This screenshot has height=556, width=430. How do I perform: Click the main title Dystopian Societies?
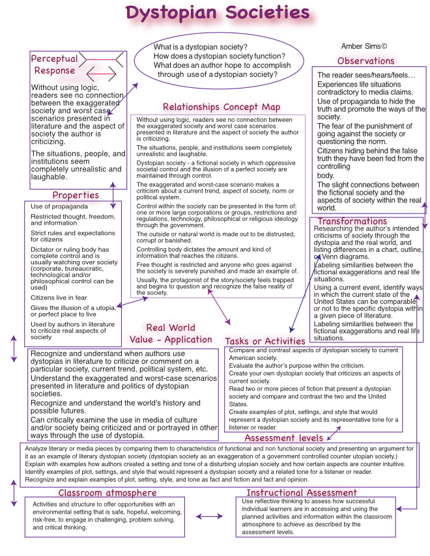[218, 12]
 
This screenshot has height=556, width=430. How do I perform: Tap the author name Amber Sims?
[364, 46]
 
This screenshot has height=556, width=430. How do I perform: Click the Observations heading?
[365, 61]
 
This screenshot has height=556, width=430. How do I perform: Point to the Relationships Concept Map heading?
[222, 107]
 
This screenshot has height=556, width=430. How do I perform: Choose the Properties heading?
[76, 195]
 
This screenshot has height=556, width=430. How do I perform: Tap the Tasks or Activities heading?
[265, 341]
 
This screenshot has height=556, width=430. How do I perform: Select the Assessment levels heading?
[293, 438]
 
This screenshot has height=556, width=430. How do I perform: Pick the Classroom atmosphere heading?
[107, 493]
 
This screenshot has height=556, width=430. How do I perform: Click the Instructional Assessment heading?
[301, 493]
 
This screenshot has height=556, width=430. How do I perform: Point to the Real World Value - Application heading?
[170, 333]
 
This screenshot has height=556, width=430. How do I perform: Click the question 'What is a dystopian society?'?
[200, 48]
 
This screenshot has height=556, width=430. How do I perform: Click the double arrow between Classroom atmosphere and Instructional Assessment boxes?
[209, 516]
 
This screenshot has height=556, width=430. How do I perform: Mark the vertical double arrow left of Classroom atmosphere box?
[14, 494]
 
